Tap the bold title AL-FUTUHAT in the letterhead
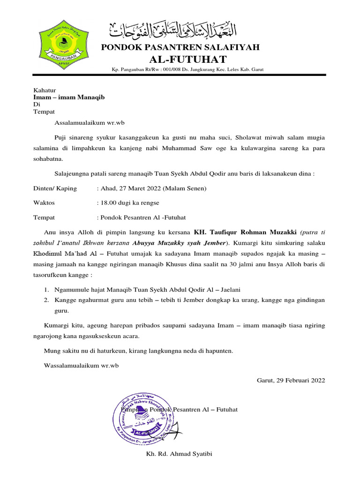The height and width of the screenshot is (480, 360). coord(187,59)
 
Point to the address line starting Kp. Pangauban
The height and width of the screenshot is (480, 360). coord(187,69)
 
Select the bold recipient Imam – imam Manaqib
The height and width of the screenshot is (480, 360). coord(69,97)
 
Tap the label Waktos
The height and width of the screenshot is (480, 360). coord(44,203)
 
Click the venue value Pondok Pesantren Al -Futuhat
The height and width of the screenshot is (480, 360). coord(141,217)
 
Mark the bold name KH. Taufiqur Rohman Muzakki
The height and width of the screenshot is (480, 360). coord(245,232)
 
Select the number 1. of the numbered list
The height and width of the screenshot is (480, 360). coord(47,289)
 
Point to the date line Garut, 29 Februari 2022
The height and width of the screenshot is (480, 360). coord(291,380)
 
